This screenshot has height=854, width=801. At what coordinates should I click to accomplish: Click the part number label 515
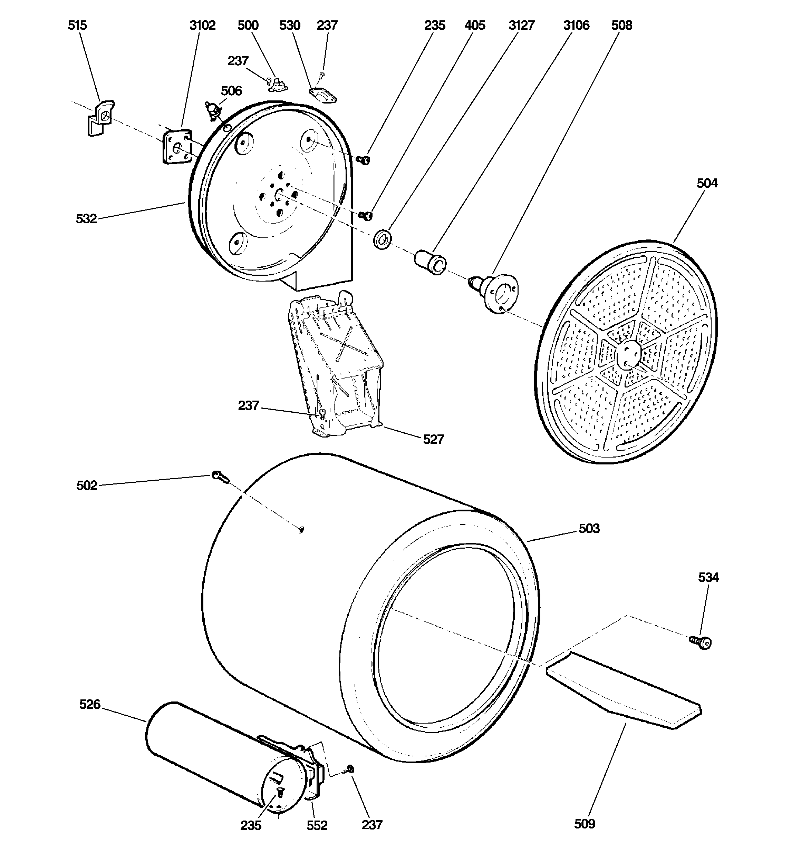pyautogui.click(x=77, y=25)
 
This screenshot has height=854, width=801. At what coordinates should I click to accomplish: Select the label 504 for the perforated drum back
pyautogui.click(x=707, y=184)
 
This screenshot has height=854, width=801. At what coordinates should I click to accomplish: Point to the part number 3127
pyautogui.click(x=521, y=25)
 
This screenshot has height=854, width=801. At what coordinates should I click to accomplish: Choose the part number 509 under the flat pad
pyautogui.click(x=584, y=824)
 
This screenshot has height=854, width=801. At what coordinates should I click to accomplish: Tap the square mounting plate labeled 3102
pyautogui.click(x=177, y=147)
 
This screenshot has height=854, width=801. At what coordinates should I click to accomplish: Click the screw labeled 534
pyautogui.click(x=701, y=642)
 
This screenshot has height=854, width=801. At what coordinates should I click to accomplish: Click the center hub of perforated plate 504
pyautogui.click(x=629, y=354)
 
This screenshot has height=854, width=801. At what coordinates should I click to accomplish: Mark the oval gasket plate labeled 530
pyautogui.click(x=323, y=95)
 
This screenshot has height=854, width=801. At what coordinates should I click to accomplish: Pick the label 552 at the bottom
pyautogui.click(x=317, y=825)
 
